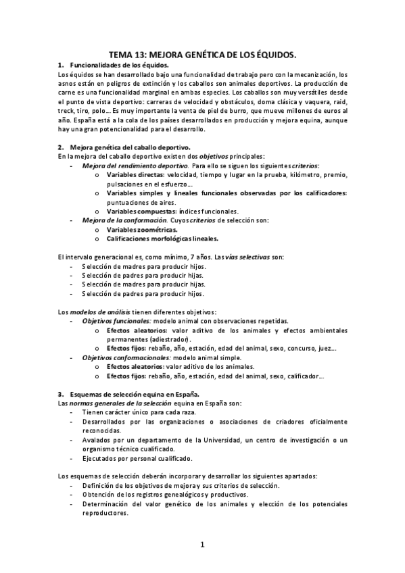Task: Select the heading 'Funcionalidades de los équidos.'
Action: [x=114, y=64]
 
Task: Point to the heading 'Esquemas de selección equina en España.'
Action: [x=131, y=393]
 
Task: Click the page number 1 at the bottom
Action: [x=201, y=544]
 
